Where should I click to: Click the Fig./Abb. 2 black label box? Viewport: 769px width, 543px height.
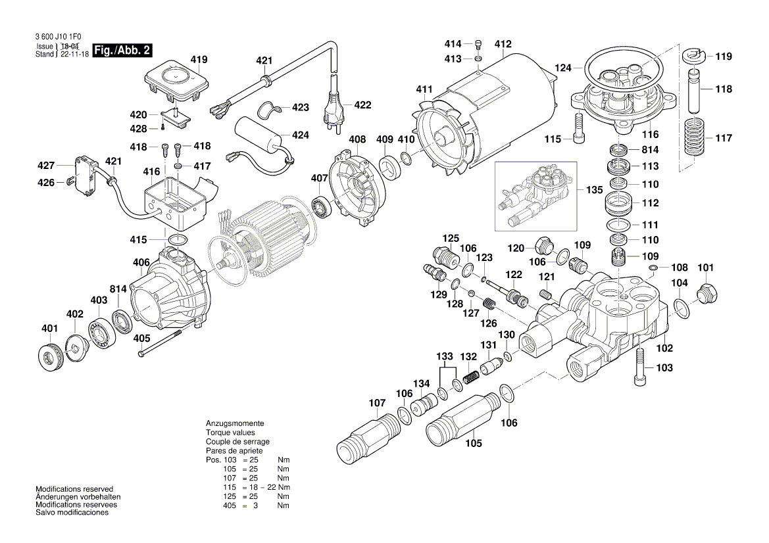pos(123,51)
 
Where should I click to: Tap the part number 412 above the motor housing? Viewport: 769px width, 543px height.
pos(503,45)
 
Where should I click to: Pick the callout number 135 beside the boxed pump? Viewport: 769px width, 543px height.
pos(593,190)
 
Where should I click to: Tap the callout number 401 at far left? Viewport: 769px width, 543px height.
pos(49,329)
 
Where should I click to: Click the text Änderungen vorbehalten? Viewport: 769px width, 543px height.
pos(78,498)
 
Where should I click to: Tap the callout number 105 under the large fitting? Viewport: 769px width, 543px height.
pos(474,443)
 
